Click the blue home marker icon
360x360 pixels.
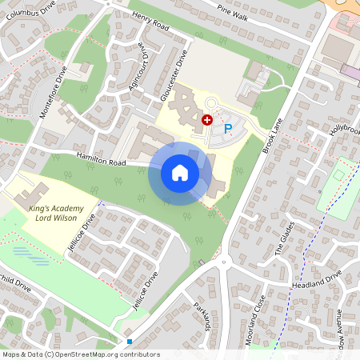(x=180, y=172)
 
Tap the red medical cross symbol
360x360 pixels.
(x=207, y=119)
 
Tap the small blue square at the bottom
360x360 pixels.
(x=129, y=341)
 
